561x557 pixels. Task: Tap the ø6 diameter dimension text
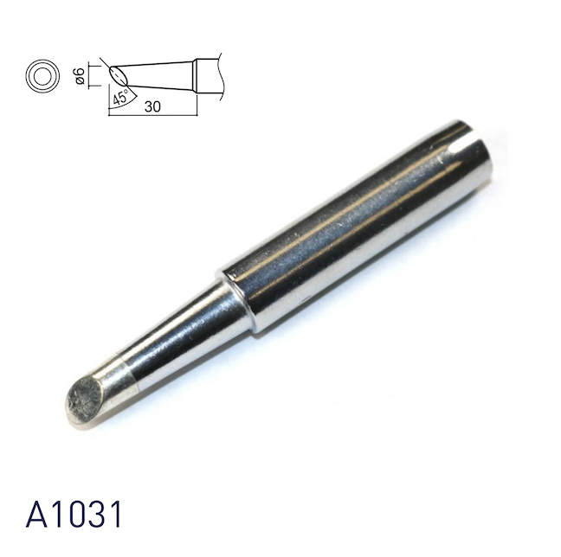[80, 76]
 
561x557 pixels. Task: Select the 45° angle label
[121, 96]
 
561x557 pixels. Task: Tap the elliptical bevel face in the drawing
[116, 73]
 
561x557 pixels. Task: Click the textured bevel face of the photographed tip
[87, 400]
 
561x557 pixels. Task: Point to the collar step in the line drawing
[197, 74]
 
